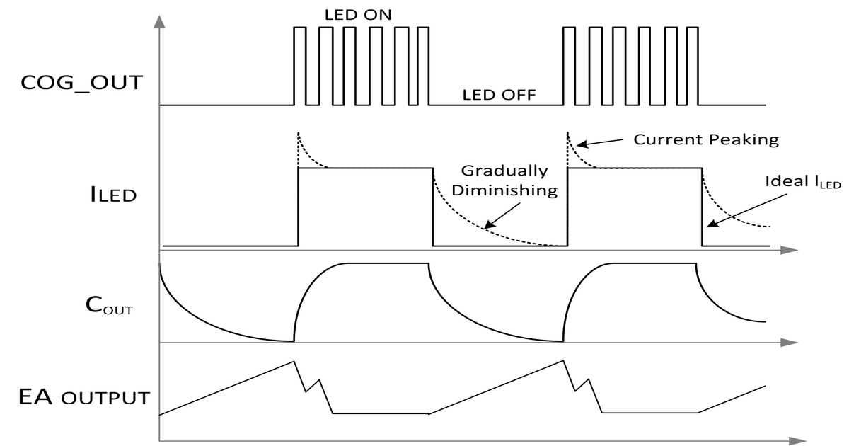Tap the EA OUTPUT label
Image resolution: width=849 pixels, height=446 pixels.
[x=84, y=396]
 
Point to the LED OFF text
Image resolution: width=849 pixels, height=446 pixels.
[x=499, y=94]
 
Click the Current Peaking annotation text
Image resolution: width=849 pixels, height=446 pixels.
[x=705, y=139]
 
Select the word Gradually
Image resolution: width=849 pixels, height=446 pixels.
[x=504, y=171]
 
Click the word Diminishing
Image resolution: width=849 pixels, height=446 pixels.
[x=504, y=190]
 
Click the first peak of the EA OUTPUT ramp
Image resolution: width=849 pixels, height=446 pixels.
[x=293, y=362]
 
